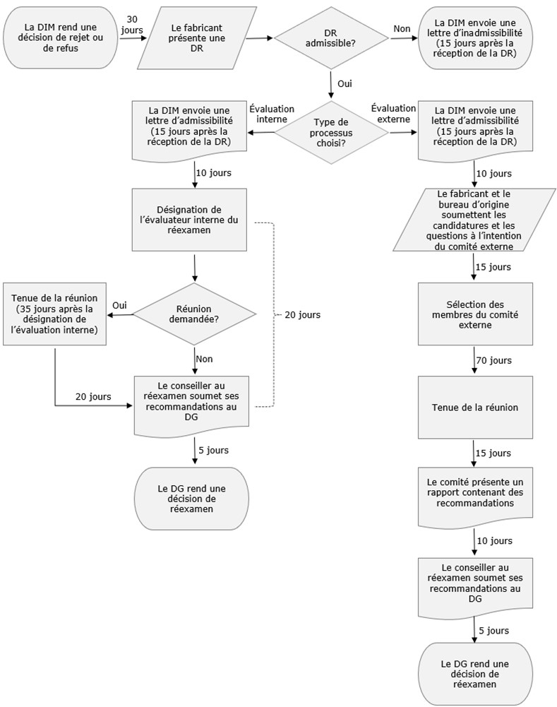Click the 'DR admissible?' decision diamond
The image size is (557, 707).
[x=330, y=39]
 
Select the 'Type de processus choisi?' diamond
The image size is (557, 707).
[x=330, y=131]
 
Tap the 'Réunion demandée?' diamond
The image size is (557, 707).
[x=193, y=314]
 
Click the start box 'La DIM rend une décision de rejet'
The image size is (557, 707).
[x=61, y=38]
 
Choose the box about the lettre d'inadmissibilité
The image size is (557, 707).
[x=475, y=38]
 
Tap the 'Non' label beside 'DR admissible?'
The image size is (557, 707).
[x=401, y=28]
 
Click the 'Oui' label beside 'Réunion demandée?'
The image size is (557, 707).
[x=120, y=304]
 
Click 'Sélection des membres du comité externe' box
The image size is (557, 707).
[x=474, y=314]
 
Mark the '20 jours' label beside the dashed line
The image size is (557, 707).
[x=302, y=315]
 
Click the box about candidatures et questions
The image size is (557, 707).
[x=474, y=219]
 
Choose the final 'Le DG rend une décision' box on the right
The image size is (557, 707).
[x=474, y=673]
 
